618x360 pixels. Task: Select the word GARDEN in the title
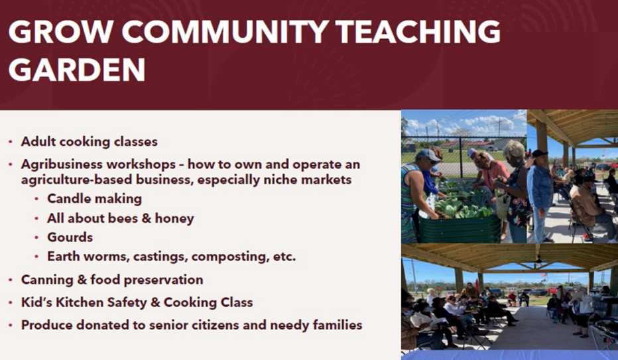coord(77,69)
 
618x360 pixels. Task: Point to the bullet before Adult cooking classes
coord(11,142)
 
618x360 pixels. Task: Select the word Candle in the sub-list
coord(67,198)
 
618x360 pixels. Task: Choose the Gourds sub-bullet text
coord(70,237)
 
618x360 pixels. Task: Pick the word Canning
coord(47,279)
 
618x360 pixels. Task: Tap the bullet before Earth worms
coord(37,257)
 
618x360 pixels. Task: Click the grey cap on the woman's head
coord(428,154)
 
